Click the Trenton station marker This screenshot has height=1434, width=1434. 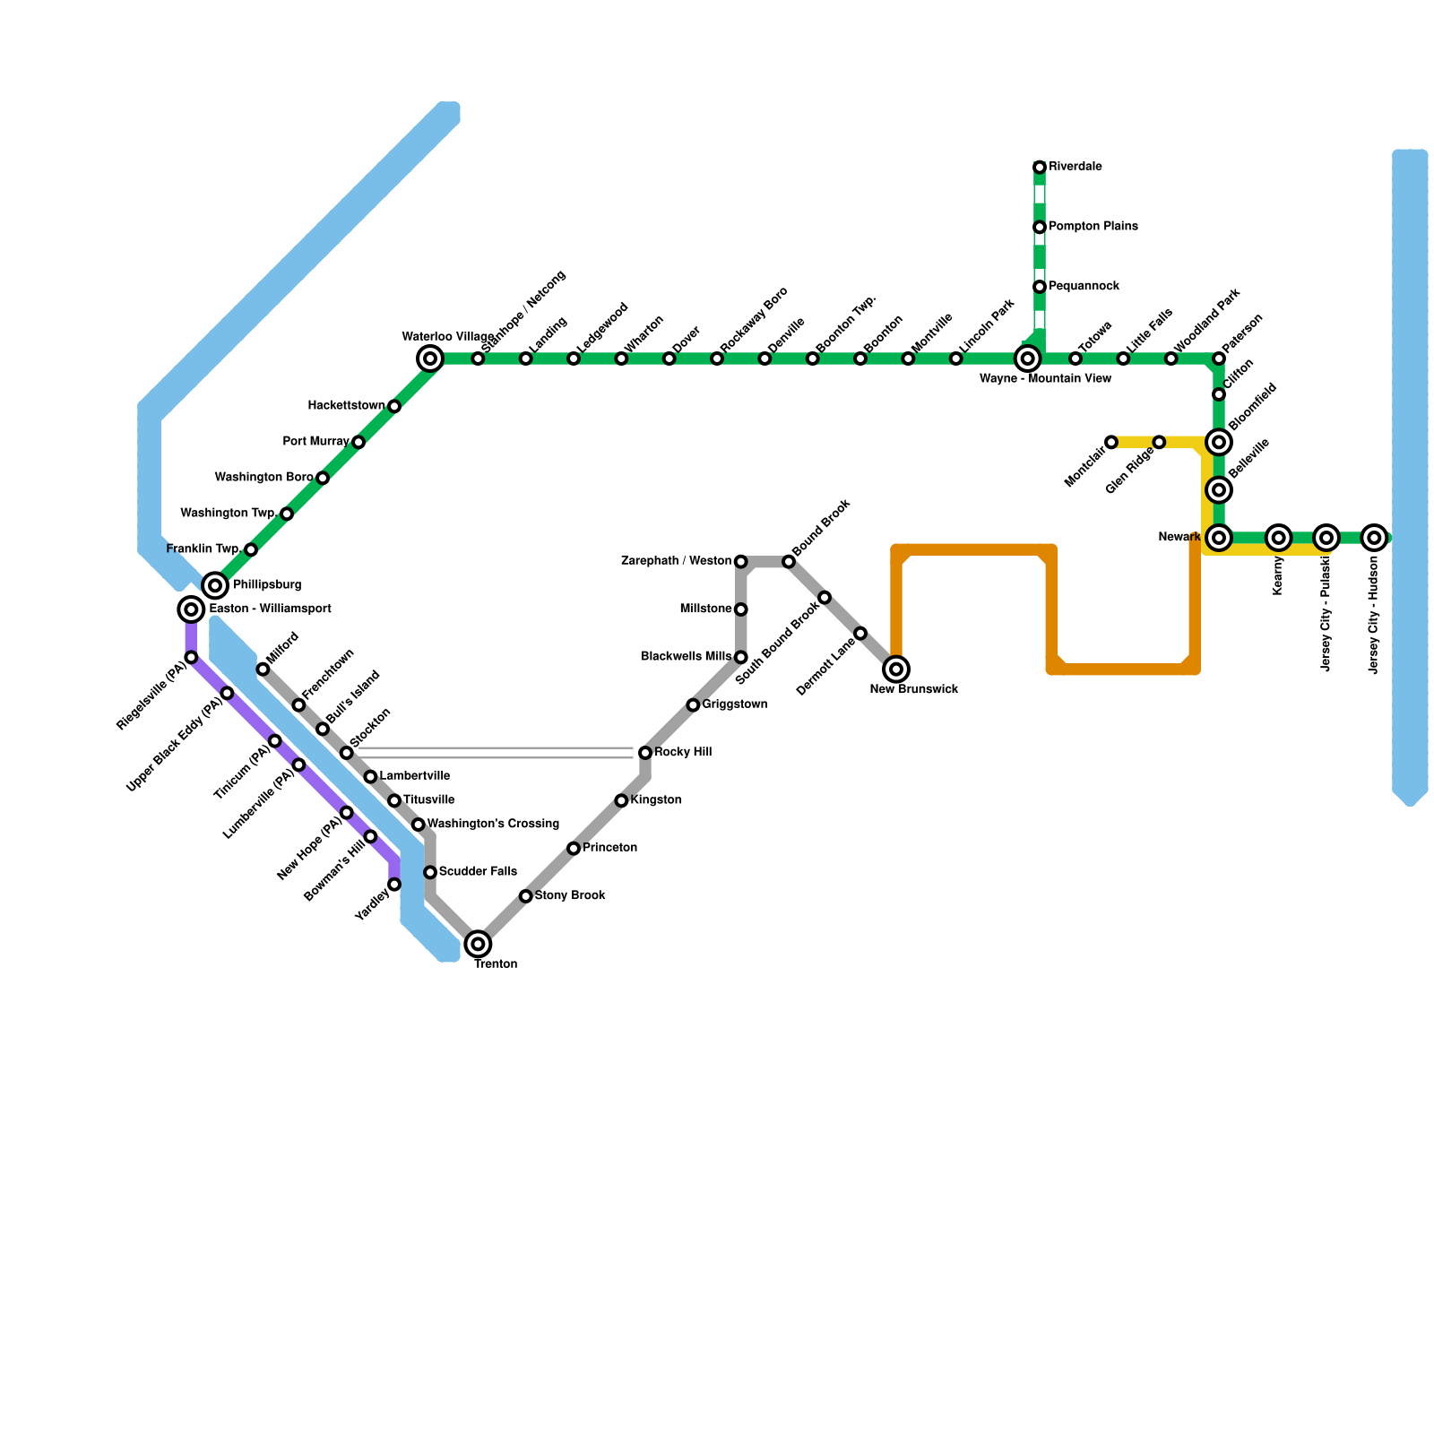click(x=479, y=944)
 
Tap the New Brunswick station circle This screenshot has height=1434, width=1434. click(x=896, y=669)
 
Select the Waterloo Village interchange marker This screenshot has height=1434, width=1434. click(x=430, y=358)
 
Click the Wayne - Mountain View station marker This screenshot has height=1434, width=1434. click(x=1028, y=358)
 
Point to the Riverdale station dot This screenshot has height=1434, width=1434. click(x=1040, y=168)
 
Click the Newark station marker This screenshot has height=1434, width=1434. click(x=1219, y=538)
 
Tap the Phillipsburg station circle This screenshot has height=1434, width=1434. click(x=215, y=586)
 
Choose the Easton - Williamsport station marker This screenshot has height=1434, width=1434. click(x=191, y=609)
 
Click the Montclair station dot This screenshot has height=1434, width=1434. click(x=1111, y=442)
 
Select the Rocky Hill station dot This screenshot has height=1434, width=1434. click(x=645, y=753)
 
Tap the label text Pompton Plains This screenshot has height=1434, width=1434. click(x=1093, y=227)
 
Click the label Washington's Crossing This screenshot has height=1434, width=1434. click(x=493, y=824)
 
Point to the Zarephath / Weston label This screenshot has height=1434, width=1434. click(x=676, y=561)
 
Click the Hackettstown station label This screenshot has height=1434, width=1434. click(x=346, y=406)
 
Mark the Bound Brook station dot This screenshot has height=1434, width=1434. click(x=789, y=562)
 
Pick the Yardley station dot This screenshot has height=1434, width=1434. click(x=394, y=885)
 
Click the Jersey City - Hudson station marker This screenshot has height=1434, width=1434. click(x=1374, y=538)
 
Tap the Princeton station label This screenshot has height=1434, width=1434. click(x=609, y=848)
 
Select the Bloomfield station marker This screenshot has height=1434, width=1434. click(x=1219, y=442)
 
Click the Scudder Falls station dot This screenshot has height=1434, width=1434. click(x=430, y=872)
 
